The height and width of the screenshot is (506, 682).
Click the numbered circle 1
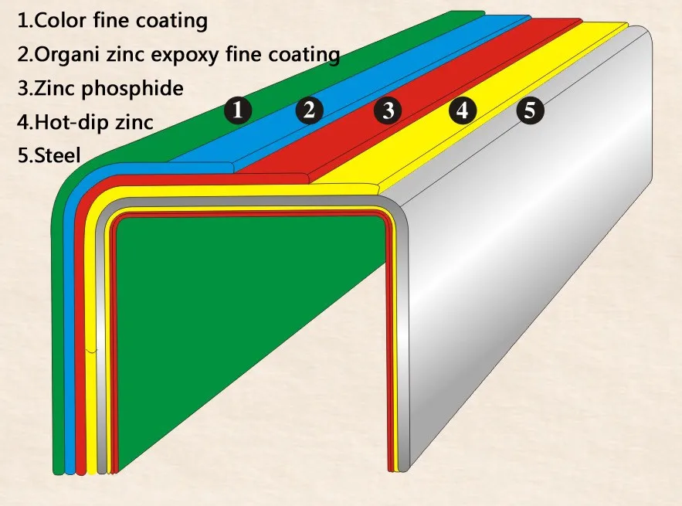pos(239,110)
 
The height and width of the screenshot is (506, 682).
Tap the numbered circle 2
pos(309,110)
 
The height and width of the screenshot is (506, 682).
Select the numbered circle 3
pos(388,110)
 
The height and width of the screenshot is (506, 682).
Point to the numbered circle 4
pos(462,110)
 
